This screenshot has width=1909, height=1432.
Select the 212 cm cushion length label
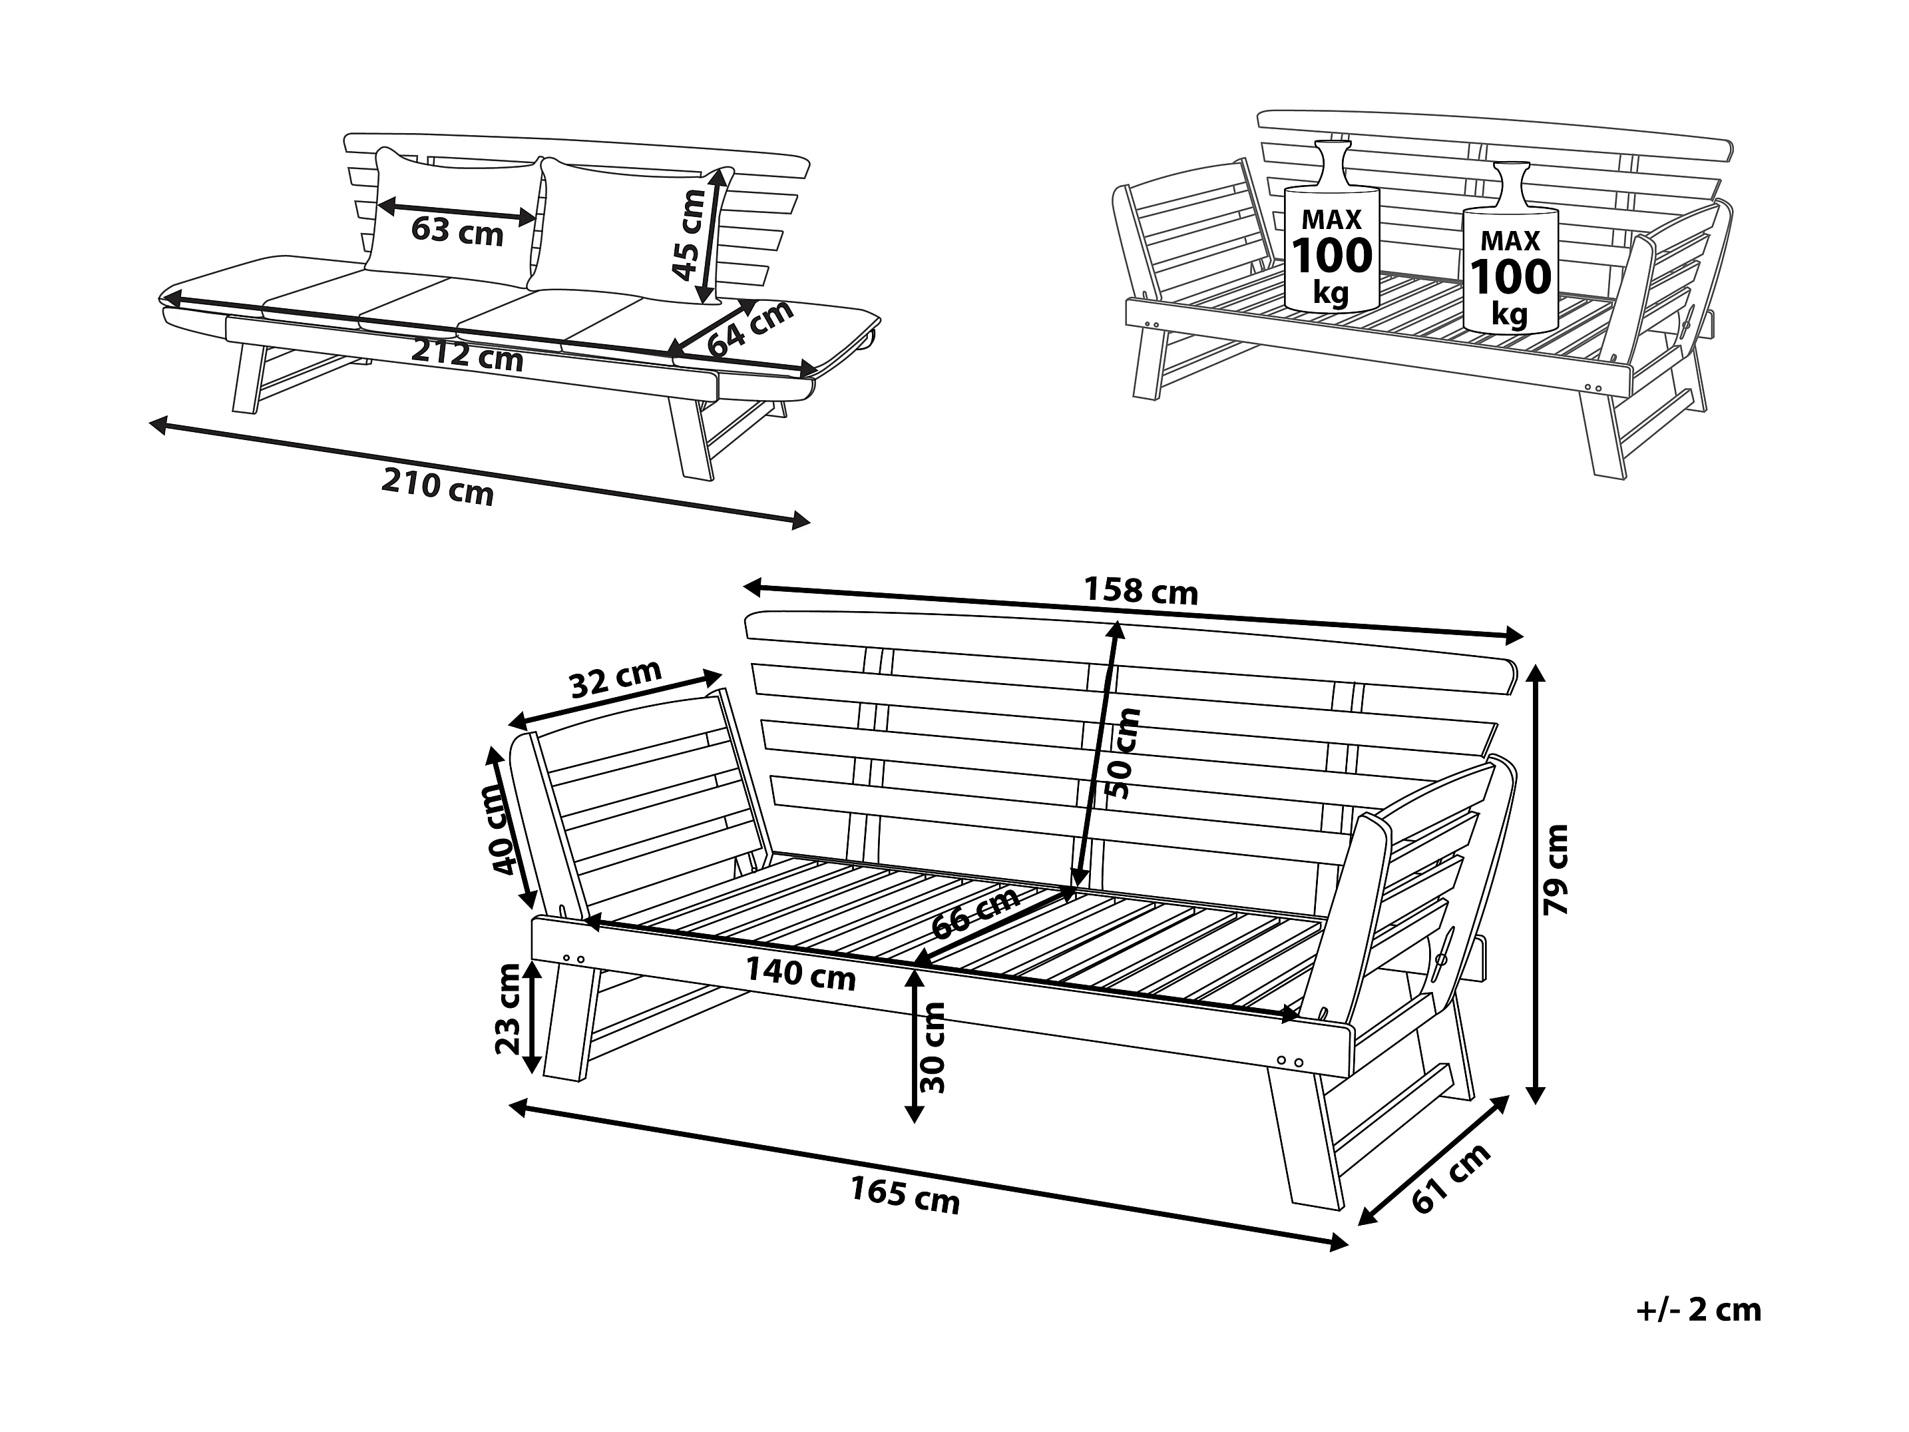467,355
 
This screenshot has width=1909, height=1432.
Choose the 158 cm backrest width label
1141,591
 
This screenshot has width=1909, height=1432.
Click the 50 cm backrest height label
1123,754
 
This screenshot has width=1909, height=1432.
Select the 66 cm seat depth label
976,913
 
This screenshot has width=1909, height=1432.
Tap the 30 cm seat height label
934,1047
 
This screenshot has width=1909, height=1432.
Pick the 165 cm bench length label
905,1196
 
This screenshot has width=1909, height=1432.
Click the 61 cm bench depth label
1452,1179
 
